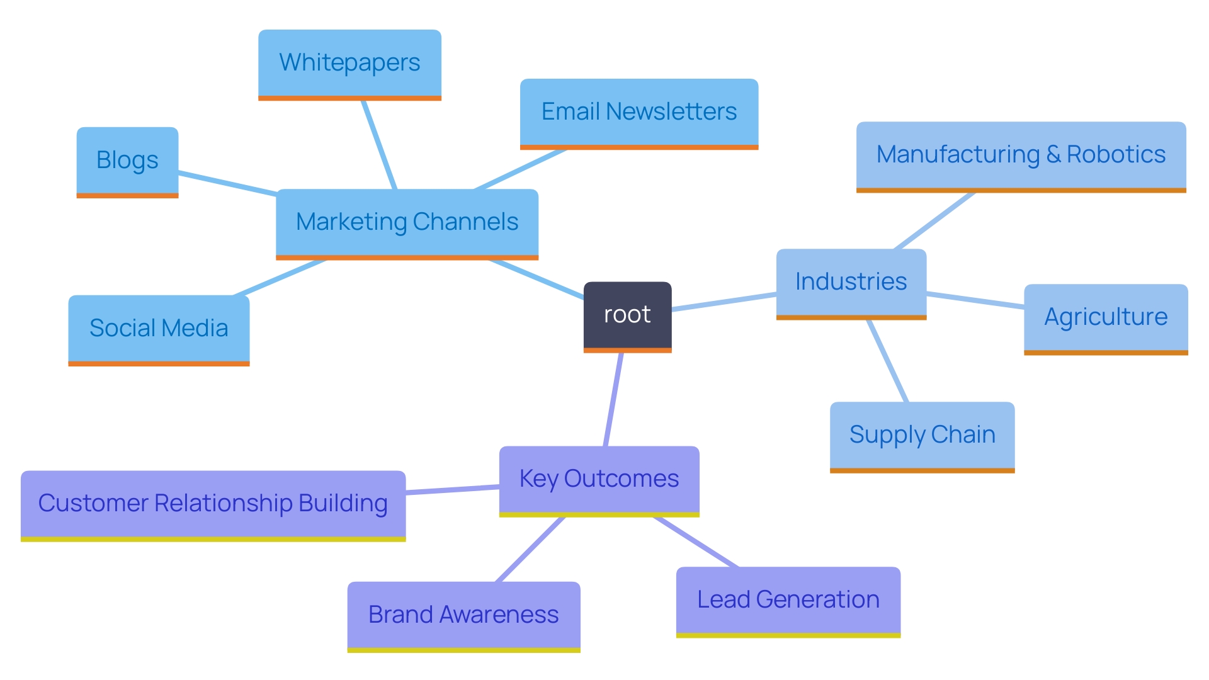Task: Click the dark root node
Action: click(x=627, y=315)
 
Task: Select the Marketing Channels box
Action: click(x=407, y=222)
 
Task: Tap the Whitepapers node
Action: click(x=349, y=63)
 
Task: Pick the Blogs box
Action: click(x=127, y=161)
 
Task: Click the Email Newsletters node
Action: click(x=639, y=112)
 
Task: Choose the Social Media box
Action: click(x=159, y=329)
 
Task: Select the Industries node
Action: click(x=851, y=282)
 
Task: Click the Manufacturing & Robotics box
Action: click(x=1021, y=155)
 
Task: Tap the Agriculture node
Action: click(x=1106, y=317)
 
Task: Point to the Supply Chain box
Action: click(x=922, y=435)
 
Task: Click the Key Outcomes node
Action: click(x=599, y=479)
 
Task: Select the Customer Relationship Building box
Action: click(x=213, y=504)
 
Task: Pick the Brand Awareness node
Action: click(x=463, y=615)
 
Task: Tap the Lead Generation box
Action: click(x=788, y=600)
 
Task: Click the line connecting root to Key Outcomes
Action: click(x=613, y=400)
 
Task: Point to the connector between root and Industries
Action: click(x=724, y=302)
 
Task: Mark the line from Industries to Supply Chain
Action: click(x=888, y=361)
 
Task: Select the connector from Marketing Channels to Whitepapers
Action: click(x=379, y=145)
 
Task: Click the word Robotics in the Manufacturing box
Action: click(x=1116, y=155)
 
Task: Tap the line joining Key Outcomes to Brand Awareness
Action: click(x=531, y=549)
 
